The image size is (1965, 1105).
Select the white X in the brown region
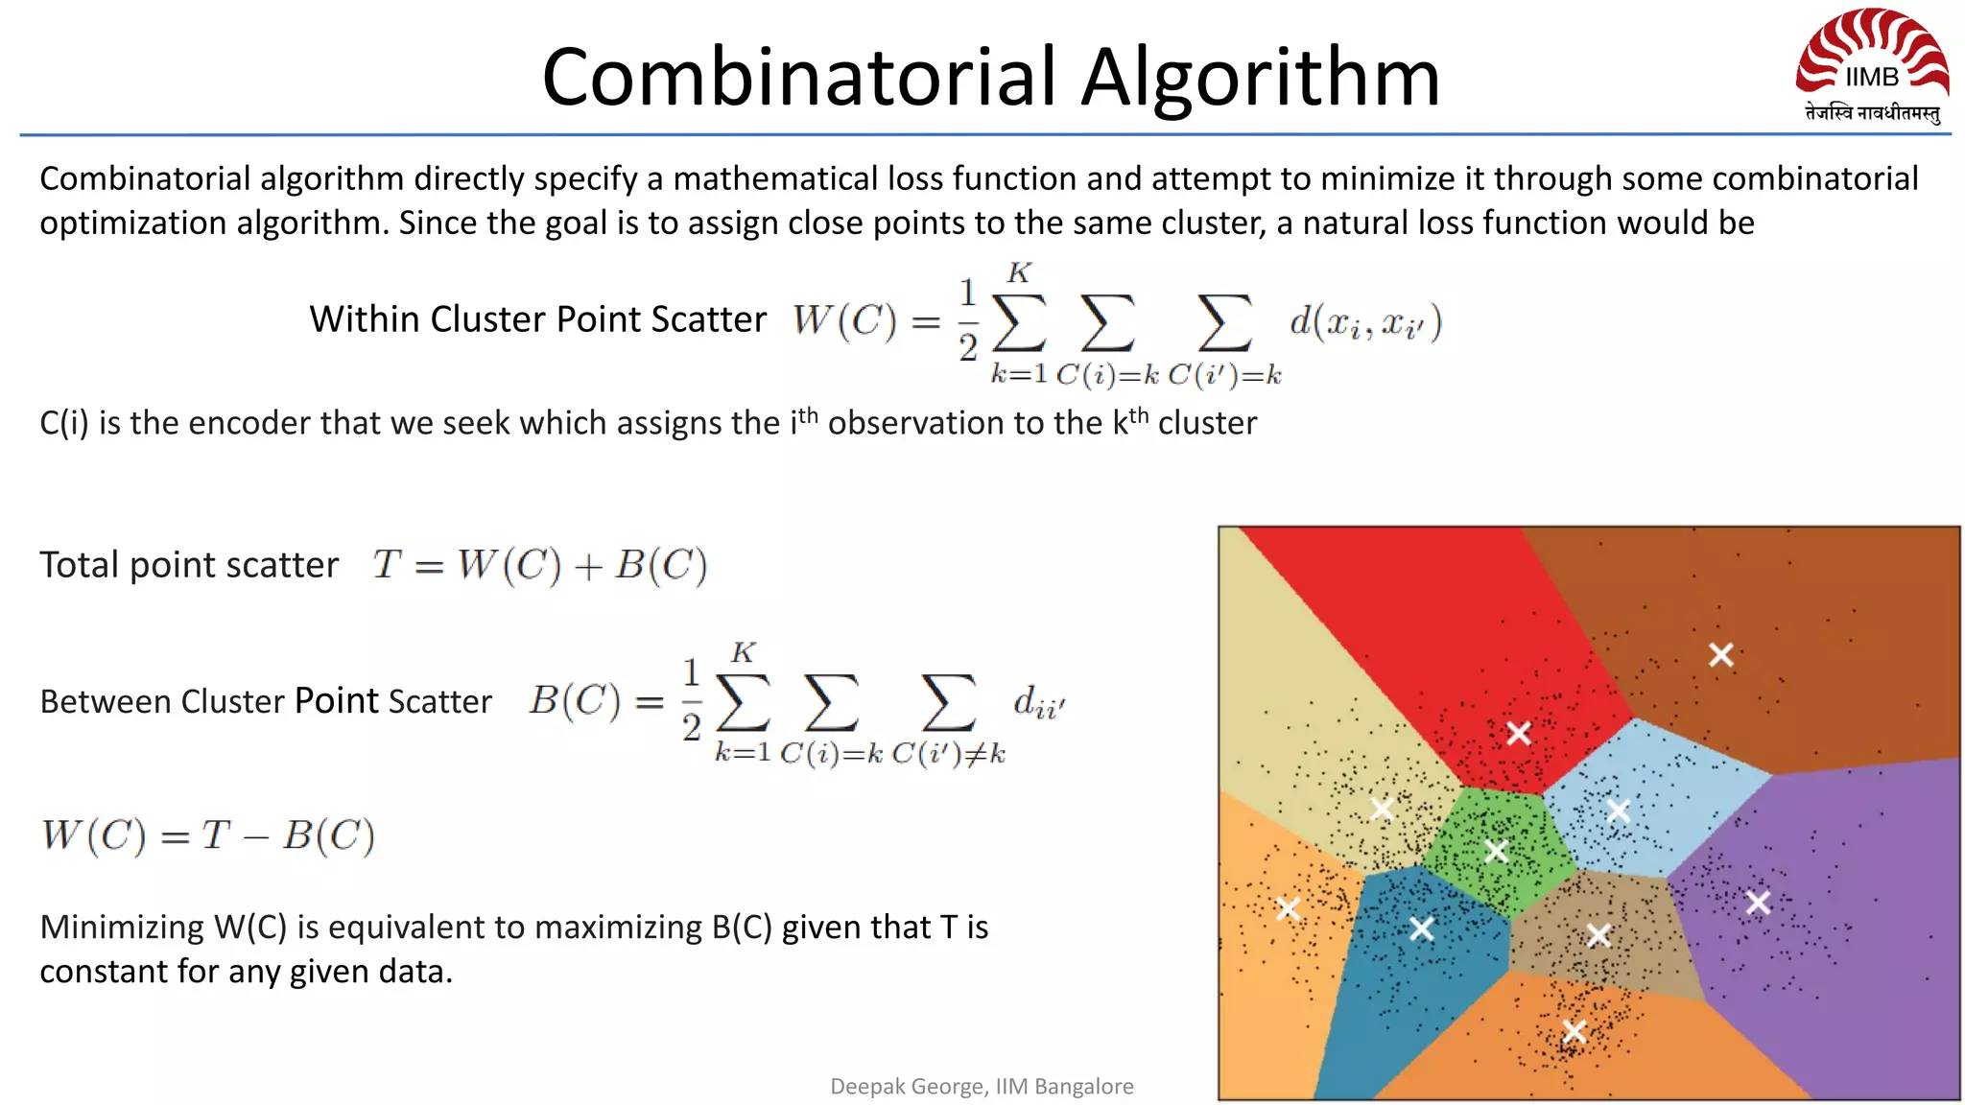coord(1721,655)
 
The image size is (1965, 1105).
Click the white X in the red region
coord(1518,734)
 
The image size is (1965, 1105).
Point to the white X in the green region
coord(1496,851)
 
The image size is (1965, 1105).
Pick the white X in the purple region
coord(1758,903)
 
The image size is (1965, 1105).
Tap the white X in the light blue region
coord(1619,811)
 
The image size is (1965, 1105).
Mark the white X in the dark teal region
coord(1422,929)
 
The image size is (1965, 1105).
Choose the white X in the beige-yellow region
coord(1382,809)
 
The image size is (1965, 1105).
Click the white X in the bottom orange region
coord(1574,1031)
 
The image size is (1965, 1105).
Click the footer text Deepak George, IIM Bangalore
coord(982,1086)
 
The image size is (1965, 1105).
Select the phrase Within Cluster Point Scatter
coord(537,319)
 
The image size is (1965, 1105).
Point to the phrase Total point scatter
coord(189,565)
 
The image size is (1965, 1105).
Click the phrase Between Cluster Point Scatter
coord(266,701)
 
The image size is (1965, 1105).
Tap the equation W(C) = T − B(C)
coord(207,835)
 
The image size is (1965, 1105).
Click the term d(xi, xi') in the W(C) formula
coord(1364,322)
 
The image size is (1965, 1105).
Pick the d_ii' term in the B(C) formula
coord(1039,702)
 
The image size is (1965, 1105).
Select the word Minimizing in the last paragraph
coord(122,928)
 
